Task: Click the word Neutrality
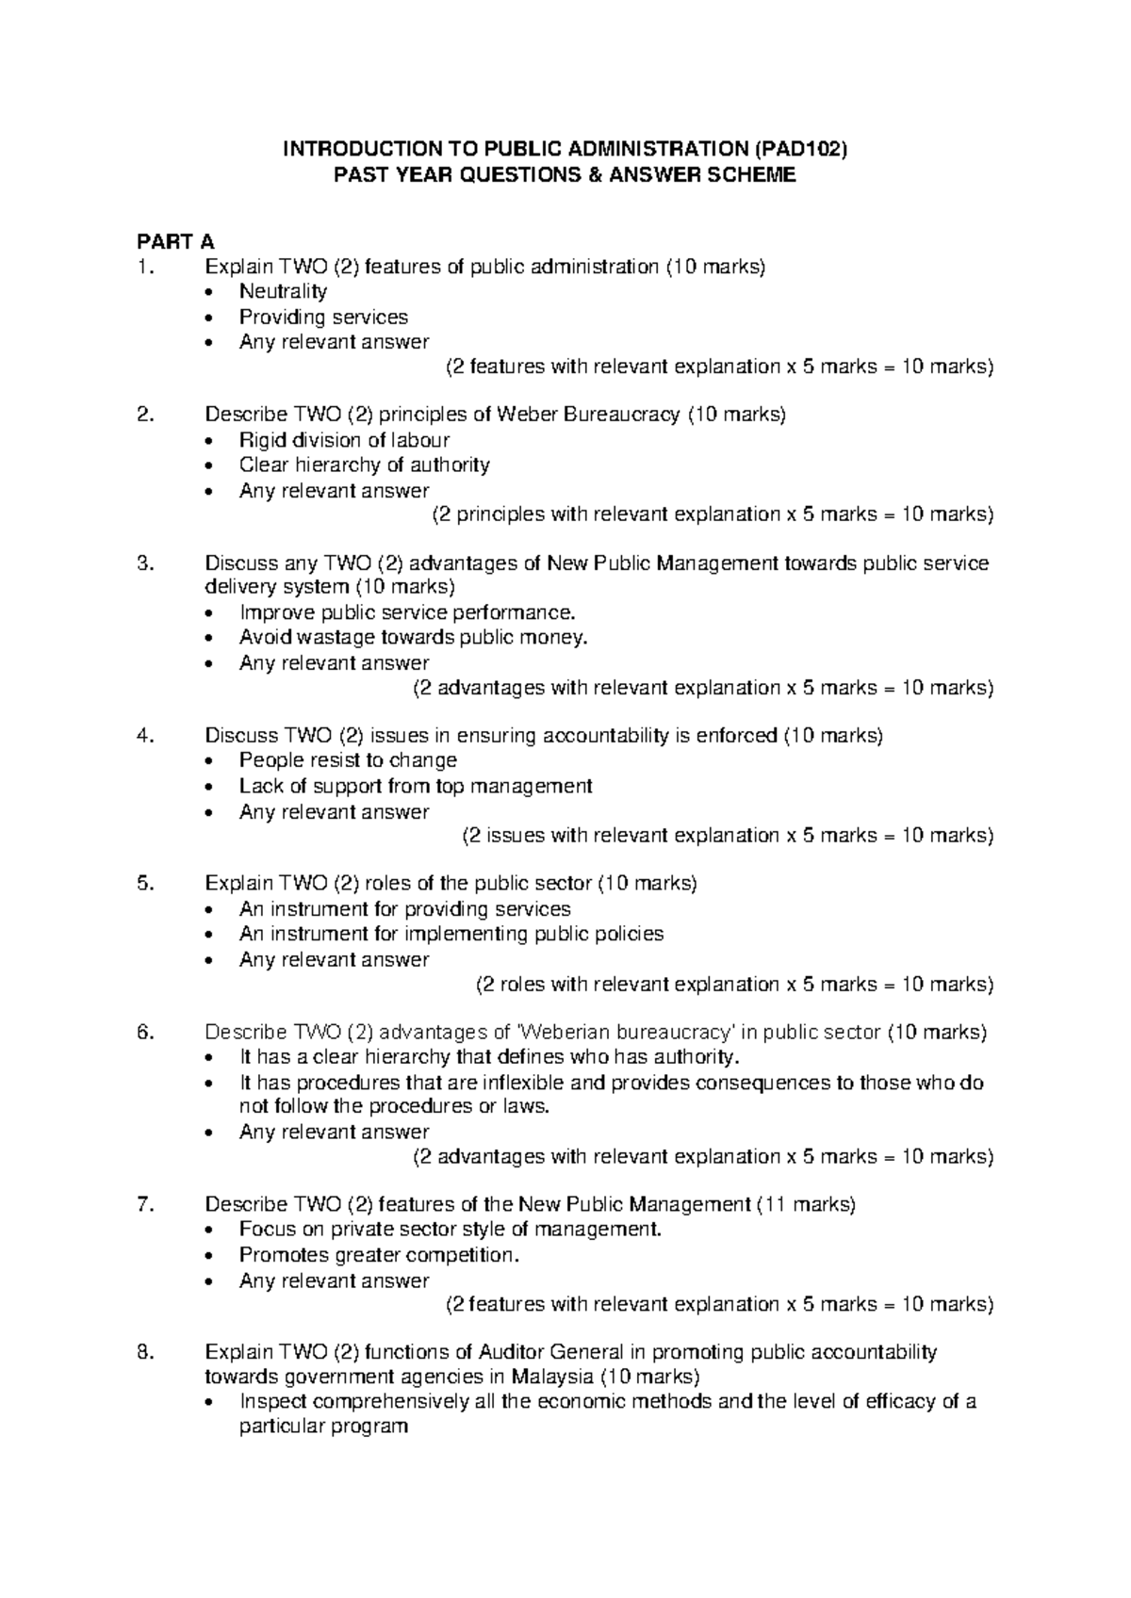(x=283, y=291)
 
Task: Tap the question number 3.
(x=143, y=563)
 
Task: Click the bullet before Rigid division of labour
(x=220, y=441)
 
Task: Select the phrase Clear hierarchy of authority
(x=364, y=465)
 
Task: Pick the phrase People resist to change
(x=348, y=760)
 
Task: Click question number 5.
(x=143, y=884)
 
